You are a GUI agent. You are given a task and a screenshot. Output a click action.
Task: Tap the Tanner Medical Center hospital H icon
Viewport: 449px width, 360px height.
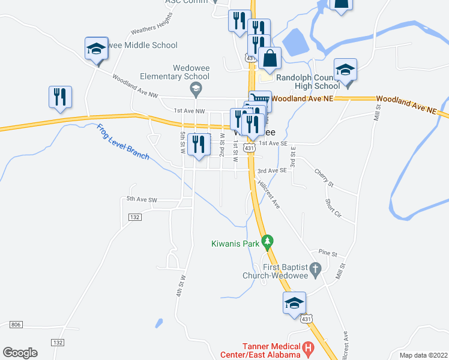pos(309,347)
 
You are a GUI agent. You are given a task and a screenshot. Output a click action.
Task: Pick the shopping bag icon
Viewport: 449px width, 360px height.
pos(270,59)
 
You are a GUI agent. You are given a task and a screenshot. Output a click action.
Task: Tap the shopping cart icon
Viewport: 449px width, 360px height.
pos(260,100)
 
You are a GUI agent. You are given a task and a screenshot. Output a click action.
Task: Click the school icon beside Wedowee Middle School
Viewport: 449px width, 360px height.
pos(96,49)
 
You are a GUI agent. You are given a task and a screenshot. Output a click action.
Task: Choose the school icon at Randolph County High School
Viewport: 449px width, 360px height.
pos(346,70)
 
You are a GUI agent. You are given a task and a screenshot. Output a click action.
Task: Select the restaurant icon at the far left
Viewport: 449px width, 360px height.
pos(60,97)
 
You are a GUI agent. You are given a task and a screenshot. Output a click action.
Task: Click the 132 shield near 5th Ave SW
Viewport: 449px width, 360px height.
pos(134,217)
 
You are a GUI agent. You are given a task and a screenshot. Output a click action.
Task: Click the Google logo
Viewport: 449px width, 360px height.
pos(20,352)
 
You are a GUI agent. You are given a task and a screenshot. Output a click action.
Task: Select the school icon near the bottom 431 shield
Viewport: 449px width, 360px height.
pos(295,303)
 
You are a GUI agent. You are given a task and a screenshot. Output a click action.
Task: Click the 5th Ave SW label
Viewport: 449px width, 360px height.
pos(142,199)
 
